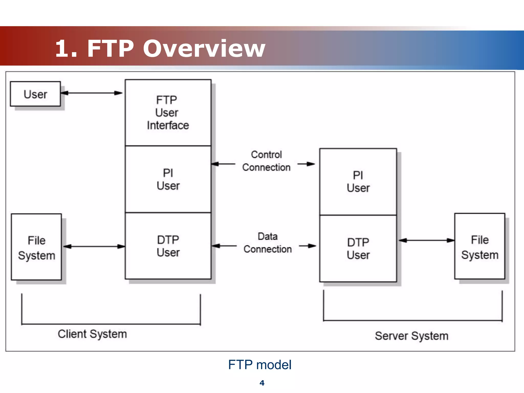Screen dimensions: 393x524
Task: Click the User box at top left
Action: [35, 94]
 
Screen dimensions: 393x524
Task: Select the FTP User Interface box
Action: [168, 113]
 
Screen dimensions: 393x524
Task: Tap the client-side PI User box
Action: [168, 179]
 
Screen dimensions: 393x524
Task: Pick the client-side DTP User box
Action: [168, 246]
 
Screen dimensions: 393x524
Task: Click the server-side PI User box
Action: [358, 182]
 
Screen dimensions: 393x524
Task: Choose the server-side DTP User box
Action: [358, 248]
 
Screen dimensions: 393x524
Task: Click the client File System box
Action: [36, 247]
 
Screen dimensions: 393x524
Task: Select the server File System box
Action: [479, 246]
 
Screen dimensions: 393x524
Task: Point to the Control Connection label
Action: [266, 161]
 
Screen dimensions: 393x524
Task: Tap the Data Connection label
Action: [267, 243]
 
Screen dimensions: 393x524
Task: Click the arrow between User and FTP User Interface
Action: [92, 93]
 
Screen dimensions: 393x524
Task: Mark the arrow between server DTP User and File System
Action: [426, 240]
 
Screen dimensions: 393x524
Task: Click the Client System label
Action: [92, 334]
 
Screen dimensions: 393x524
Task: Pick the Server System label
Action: [411, 336]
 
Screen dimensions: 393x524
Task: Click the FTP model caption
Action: [259, 365]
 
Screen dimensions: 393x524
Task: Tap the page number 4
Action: [262, 383]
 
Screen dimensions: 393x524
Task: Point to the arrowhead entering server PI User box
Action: [311, 164]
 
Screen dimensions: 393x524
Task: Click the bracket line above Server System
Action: [412, 320]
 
